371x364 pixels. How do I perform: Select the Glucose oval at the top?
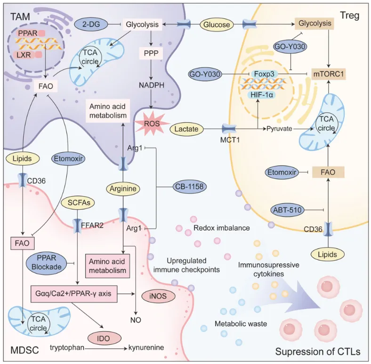pyautogui.click(x=218, y=23)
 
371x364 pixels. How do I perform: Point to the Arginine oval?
pyautogui.click(x=123, y=189)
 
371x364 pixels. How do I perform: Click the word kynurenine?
pyautogui.click(x=146, y=348)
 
